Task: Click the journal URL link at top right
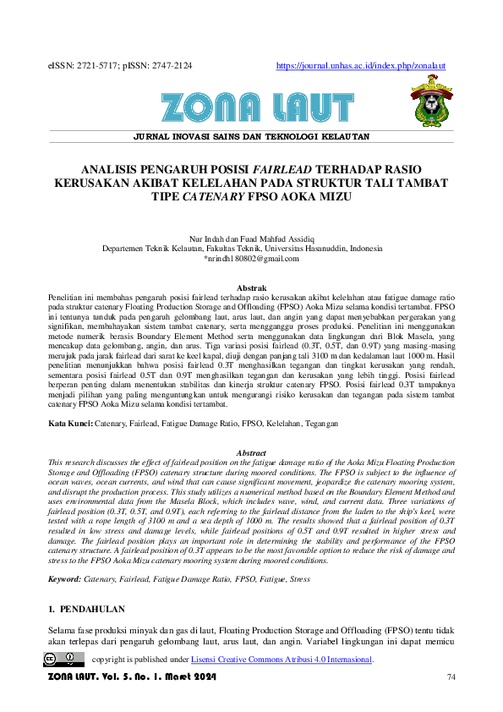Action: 361,66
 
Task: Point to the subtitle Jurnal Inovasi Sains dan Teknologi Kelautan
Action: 252,136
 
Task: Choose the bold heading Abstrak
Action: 251,288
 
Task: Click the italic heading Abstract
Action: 251,453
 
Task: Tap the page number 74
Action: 451,676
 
